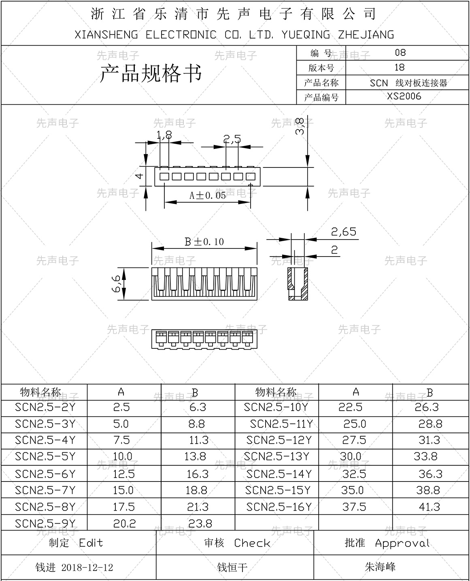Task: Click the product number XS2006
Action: click(404, 96)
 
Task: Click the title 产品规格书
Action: click(151, 74)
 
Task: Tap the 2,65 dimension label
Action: click(344, 232)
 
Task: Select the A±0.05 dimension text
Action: click(208, 196)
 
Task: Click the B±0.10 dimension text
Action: click(204, 242)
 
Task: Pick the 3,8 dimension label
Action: click(300, 126)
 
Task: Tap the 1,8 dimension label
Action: click(164, 136)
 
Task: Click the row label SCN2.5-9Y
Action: click(45, 523)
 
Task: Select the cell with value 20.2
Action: click(124, 524)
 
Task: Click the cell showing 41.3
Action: click(430, 507)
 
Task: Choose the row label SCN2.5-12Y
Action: click(279, 440)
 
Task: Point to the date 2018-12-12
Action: click(87, 568)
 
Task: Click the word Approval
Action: click(402, 543)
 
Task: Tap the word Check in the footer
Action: click(252, 543)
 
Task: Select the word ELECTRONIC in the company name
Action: click(181, 35)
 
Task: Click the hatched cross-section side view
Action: click(298, 284)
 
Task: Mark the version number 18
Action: click(400, 68)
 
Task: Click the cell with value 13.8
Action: click(195, 456)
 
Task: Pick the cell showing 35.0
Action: click(352, 490)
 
